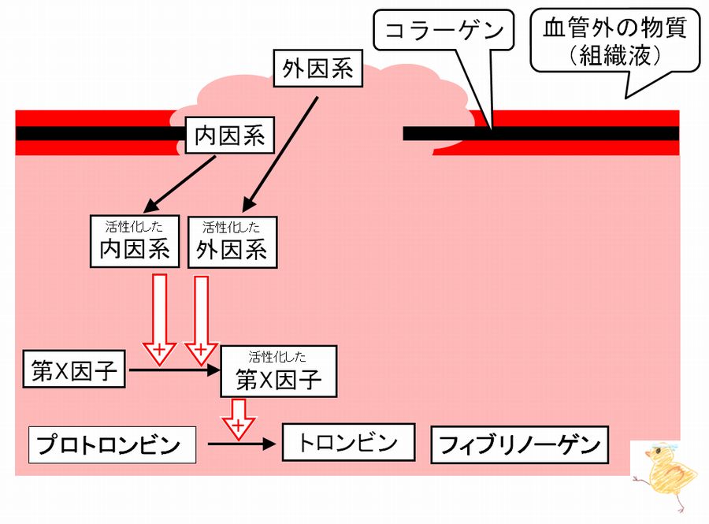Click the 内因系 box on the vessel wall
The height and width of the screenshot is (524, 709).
(x=228, y=136)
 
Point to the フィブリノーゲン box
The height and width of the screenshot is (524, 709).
(x=519, y=446)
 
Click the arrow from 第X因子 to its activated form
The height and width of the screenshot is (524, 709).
(x=173, y=369)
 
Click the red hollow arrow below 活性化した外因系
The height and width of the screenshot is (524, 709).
(x=200, y=315)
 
